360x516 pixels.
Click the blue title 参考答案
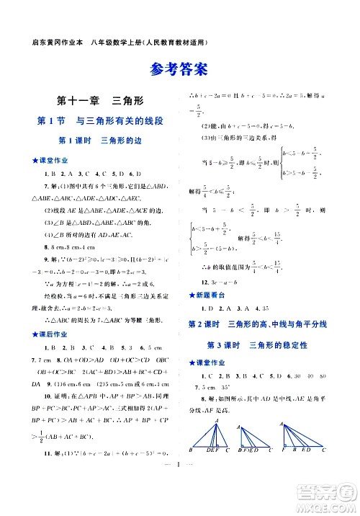point(180,70)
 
